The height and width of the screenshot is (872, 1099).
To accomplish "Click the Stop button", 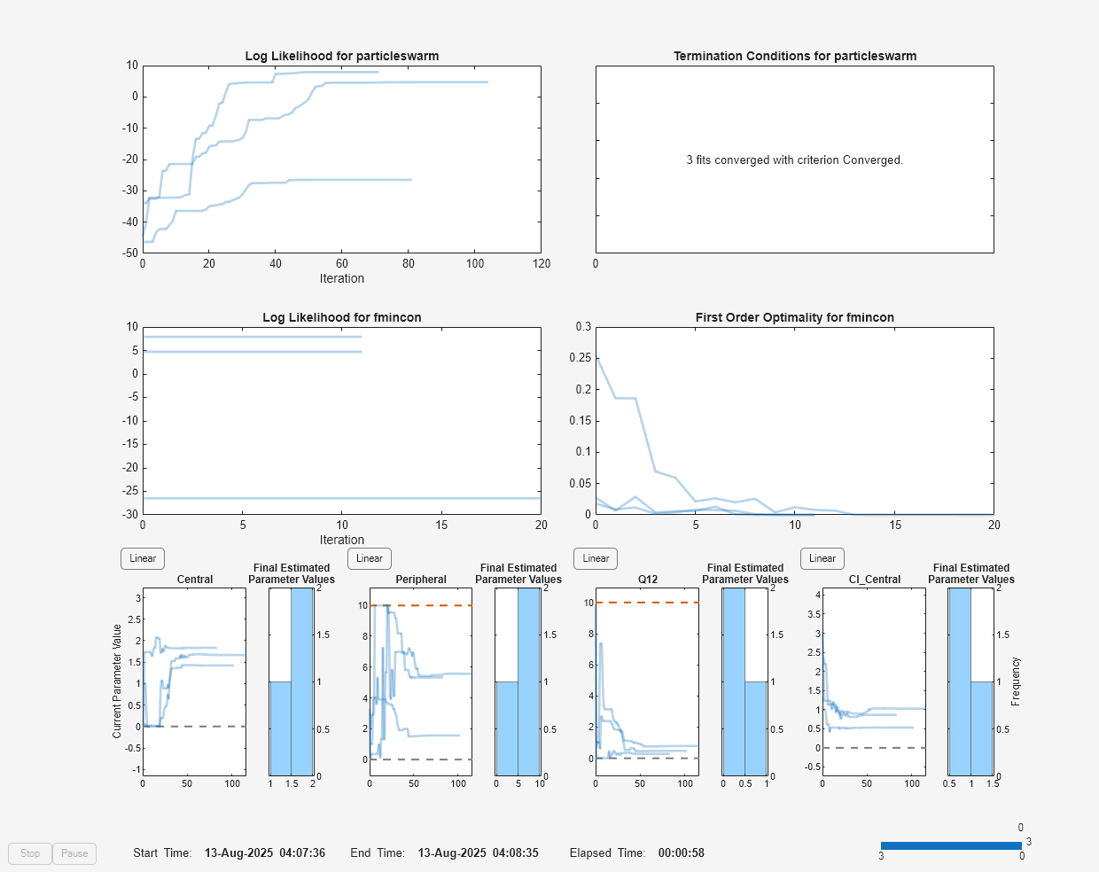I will (30, 853).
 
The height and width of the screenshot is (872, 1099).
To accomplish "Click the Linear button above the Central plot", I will (143, 558).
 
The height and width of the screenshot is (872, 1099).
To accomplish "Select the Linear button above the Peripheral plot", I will (370, 558).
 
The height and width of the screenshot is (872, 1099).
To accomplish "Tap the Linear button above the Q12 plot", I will (596, 558).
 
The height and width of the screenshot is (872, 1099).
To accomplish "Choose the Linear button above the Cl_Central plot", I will (822, 558).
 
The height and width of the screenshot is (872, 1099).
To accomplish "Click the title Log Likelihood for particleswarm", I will (341, 56).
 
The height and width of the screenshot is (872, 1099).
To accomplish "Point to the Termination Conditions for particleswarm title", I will (795, 56).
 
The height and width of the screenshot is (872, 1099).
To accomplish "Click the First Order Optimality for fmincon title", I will (794, 317).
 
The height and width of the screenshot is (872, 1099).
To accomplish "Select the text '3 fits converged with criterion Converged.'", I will (794, 160).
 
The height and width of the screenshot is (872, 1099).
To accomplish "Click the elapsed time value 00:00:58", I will (681, 853).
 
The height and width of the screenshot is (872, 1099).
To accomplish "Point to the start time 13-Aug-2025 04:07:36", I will (264, 853).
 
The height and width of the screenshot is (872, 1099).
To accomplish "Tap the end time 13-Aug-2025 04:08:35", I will (478, 853).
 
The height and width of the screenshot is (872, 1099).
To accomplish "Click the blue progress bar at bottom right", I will (950, 845).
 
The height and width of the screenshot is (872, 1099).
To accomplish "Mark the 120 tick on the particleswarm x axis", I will (542, 264).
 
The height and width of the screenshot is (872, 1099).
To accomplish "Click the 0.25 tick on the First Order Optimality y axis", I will (580, 358).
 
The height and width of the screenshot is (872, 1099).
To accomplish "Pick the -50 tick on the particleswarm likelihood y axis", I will (131, 253).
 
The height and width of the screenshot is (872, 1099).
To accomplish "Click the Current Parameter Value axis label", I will (117, 681).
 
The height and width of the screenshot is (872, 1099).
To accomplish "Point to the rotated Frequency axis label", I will (1016, 681).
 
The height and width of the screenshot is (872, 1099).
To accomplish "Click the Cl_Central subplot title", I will (874, 580).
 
